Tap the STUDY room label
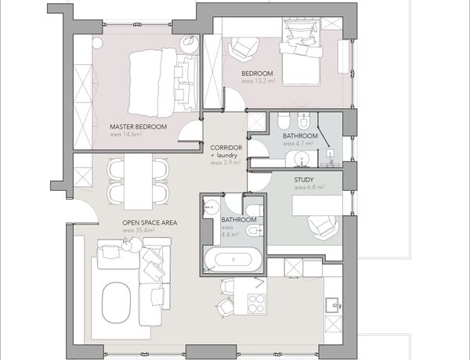pyautogui.click(x=304, y=180)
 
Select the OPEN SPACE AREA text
pyautogui.click(x=150, y=222)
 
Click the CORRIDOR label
pyautogui.click(x=226, y=148)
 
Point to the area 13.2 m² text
pyautogui.click(x=258, y=81)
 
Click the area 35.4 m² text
pyautogui.click(x=138, y=230)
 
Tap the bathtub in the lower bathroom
pyautogui.click(x=233, y=259)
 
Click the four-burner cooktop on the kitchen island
pyautogui.click(x=256, y=303)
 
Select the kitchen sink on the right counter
pyautogui.click(x=333, y=305)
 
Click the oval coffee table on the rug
pyautogui.click(x=116, y=302)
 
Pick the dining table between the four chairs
pyautogui.click(x=138, y=182)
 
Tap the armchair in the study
pyautogui.click(x=323, y=228)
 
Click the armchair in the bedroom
pyautogui.click(x=243, y=49)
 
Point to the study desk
pyautogui.click(x=317, y=206)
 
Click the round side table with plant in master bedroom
pyautogui.click(x=189, y=44)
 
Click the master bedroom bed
pyautogui.click(x=163, y=83)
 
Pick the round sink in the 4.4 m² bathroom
pyautogui.click(x=211, y=207)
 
